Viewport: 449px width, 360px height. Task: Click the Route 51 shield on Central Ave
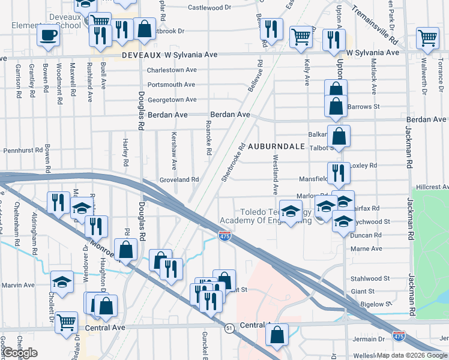[x=229, y=328]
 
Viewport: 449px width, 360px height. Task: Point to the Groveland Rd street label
[x=179, y=179]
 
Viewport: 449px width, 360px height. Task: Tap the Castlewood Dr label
[x=209, y=8]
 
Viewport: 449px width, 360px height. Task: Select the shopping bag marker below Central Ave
[x=277, y=335]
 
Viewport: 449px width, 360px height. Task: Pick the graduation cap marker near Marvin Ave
[x=62, y=281]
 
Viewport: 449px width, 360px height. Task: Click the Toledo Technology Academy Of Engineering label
[x=275, y=216]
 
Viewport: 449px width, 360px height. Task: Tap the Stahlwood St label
[x=370, y=278]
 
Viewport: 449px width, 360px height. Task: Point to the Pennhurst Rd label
[x=23, y=151]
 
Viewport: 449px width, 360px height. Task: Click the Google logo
[x=20, y=353]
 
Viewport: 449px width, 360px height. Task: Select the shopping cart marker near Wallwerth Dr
[x=427, y=38]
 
